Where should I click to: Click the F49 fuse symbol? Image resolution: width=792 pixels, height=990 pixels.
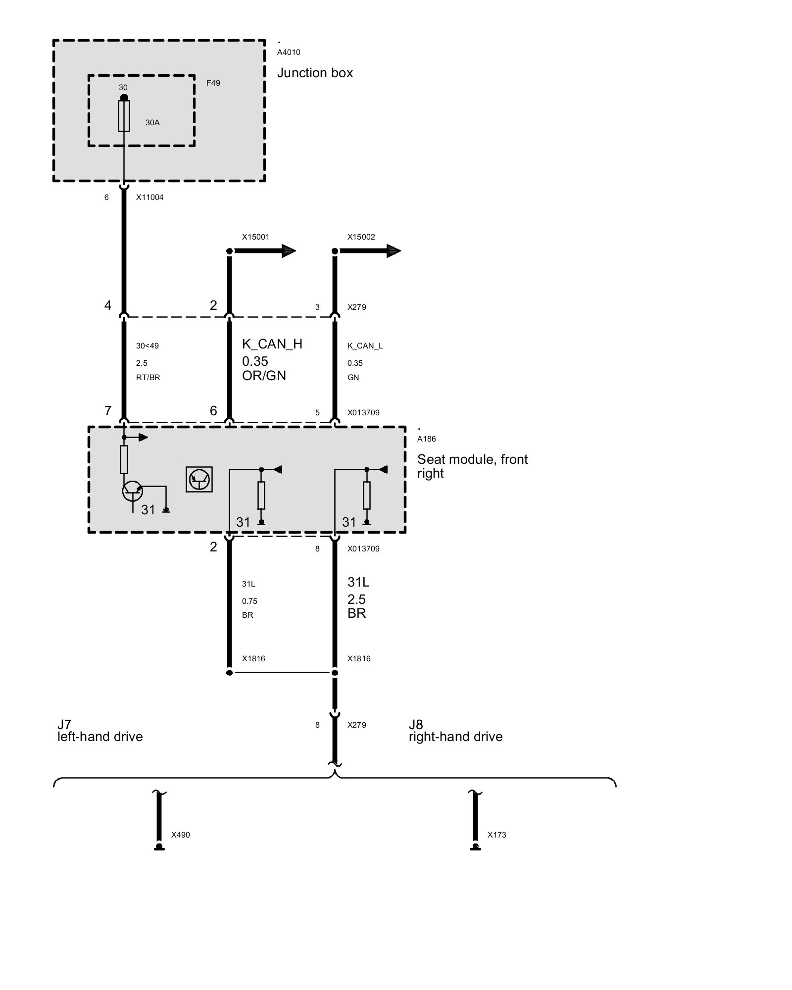tap(124, 116)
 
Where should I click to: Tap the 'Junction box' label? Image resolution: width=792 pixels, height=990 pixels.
tap(315, 73)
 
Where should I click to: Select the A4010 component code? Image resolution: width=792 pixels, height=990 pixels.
tap(289, 52)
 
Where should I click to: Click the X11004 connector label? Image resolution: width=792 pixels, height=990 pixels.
tap(149, 198)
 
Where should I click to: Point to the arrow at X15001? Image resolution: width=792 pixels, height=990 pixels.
tap(264, 251)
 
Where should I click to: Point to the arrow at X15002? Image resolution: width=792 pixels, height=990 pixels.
tap(369, 251)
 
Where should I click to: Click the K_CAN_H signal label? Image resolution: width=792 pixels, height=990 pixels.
tap(272, 344)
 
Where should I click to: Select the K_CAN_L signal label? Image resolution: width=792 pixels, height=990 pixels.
tap(365, 346)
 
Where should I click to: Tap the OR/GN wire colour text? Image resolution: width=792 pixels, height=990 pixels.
tap(264, 376)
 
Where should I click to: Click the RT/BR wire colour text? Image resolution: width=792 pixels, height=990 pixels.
tap(148, 378)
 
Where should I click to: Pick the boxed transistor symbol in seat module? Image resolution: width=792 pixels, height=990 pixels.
tap(199, 479)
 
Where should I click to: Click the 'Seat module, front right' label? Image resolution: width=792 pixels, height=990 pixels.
tap(472, 466)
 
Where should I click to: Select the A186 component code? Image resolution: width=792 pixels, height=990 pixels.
tap(426, 439)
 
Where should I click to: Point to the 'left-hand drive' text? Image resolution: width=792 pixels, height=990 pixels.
tap(100, 737)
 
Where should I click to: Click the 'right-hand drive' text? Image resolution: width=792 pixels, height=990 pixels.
tap(455, 737)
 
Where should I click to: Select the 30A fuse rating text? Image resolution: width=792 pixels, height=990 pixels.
tap(152, 123)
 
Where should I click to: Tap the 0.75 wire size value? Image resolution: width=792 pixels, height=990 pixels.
tap(249, 601)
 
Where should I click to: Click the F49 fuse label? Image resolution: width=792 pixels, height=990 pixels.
tap(213, 83)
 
